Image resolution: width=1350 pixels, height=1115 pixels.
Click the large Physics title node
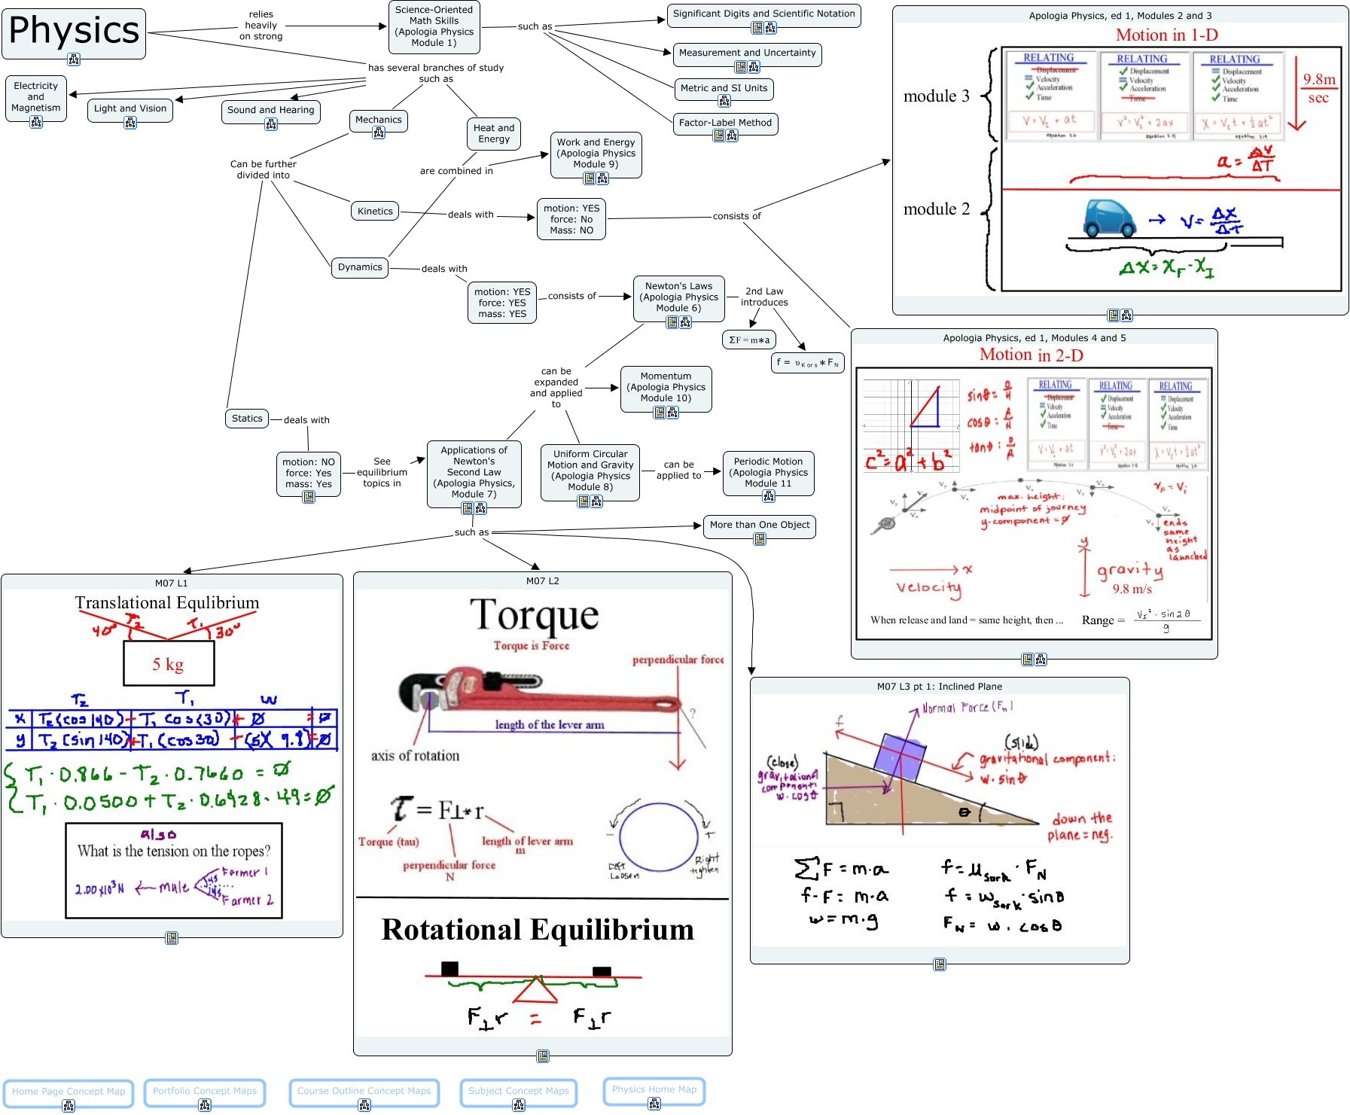[74, 32]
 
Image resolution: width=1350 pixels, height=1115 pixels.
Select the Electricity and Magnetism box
[35, 97]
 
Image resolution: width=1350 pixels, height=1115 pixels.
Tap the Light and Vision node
[130, 109]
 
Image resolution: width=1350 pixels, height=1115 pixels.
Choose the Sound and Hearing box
[271, 111]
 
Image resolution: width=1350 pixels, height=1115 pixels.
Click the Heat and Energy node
[494, 133]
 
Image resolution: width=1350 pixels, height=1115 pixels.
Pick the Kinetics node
[375, 212]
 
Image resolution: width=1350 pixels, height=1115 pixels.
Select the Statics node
[247, 419]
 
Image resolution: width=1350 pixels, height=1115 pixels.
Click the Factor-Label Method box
[725, 123]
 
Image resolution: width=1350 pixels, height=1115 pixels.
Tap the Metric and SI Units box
[724, 88]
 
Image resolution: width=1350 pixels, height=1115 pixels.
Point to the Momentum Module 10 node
[666, 387]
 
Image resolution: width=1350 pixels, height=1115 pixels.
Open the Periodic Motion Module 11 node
[768, 472]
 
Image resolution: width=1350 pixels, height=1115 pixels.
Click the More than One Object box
[760, 525]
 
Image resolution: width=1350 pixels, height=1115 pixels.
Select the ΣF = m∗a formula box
[749, 340]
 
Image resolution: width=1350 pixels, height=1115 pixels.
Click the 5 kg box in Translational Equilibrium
[169, 664]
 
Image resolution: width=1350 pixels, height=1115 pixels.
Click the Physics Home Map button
[654, 1089]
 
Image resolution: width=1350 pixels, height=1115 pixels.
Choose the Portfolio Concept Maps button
[205, 1091]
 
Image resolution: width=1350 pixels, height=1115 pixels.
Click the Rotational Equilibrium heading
[538, 930]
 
